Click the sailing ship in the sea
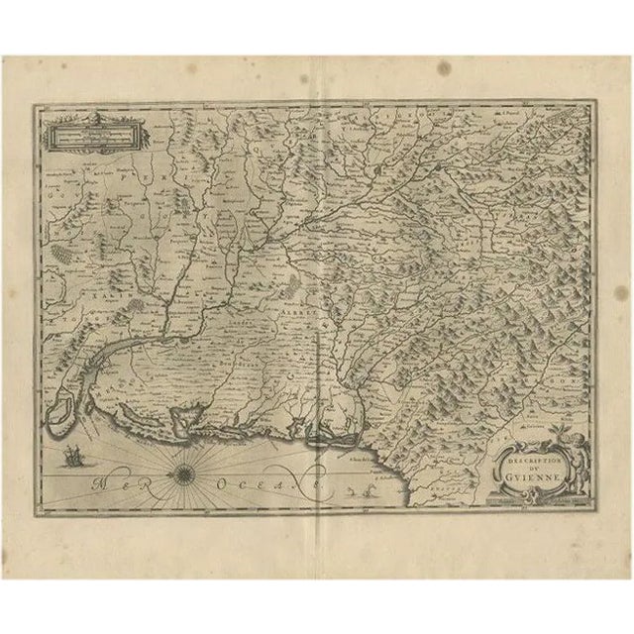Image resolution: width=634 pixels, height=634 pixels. click(x=72, y=458)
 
